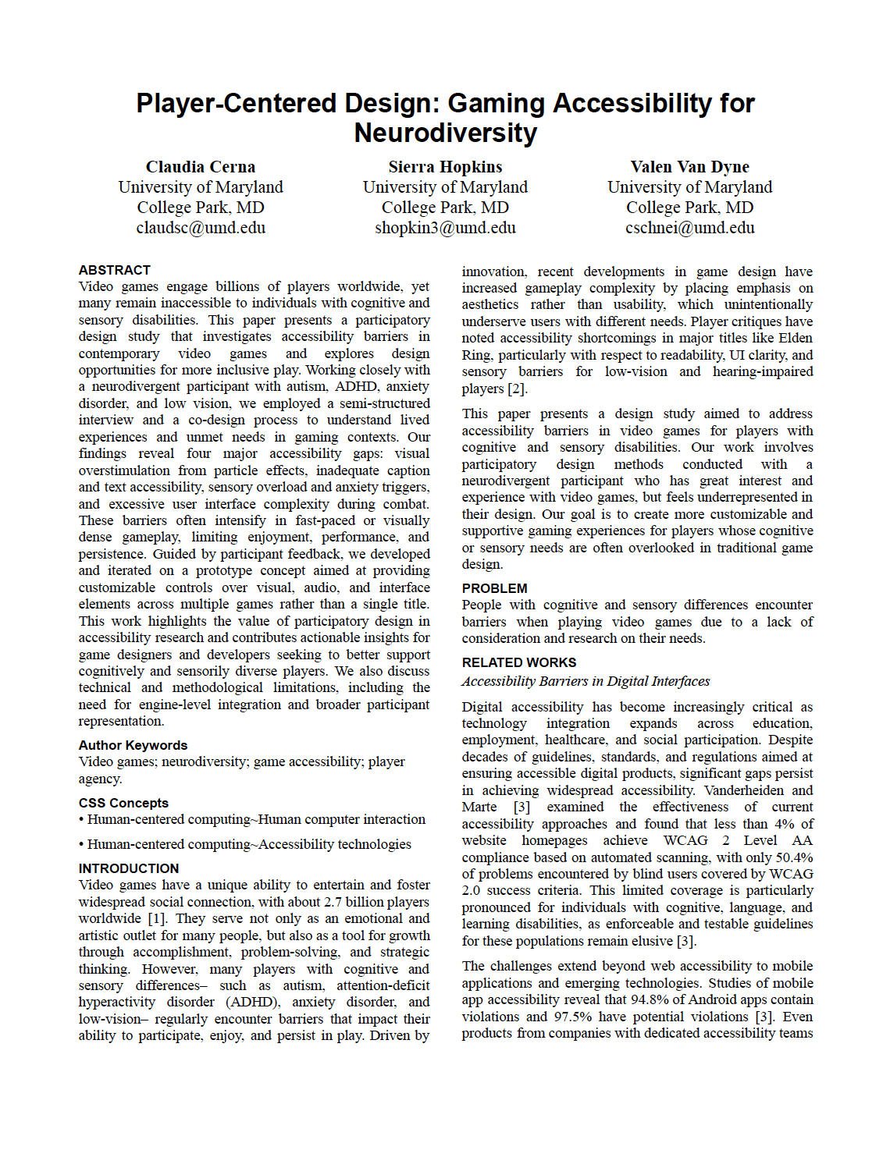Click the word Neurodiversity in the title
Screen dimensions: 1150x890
[445, 133]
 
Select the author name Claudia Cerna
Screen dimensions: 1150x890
[201, 167]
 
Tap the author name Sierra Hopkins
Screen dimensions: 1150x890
[445, 167]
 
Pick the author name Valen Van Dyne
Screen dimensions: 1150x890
[689, 167]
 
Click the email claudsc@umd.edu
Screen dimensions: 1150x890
[201, 228]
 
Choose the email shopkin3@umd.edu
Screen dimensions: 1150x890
[445, 228]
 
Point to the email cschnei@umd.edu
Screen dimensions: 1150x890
[689, 228]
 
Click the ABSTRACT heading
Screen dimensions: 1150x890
[114, 270]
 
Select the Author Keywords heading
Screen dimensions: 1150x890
[133, 745]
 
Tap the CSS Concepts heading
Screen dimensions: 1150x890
[123, 803]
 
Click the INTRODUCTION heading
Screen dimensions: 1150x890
[129, 868]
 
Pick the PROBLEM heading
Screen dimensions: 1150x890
[494, 588]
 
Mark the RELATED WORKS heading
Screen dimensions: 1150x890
[518, 662]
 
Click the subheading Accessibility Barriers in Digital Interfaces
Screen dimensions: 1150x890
[586, 681]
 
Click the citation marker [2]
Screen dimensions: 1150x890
[517, 389]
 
